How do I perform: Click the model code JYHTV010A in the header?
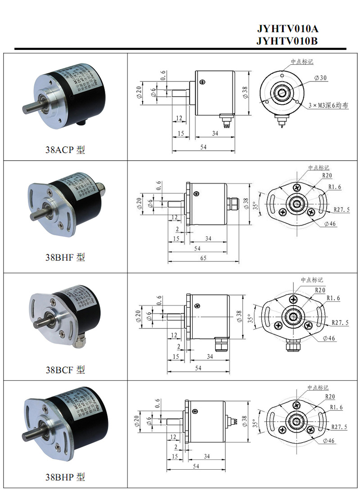(288, 29)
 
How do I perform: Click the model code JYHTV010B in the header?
(288, 41)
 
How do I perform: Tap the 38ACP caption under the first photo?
(65, 150)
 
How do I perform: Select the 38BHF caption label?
(65, 257)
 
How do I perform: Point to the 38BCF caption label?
(65, 370)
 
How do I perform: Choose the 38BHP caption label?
(65, 476)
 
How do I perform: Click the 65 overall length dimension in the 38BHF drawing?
(203, 258)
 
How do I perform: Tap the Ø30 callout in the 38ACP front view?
(321, 78)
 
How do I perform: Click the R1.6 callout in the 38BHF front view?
(335, 187)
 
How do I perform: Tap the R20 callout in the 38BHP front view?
(329, 396)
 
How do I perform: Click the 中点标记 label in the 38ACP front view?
(301, 62)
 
